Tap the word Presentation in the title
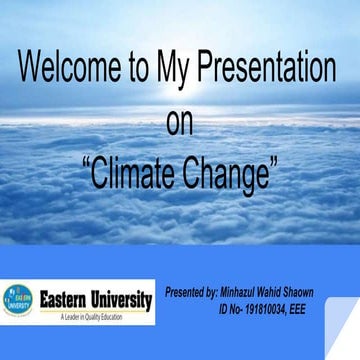[x=268, y=69]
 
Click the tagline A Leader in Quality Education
[x=89, y=317]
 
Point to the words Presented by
[x=190, y=293]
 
